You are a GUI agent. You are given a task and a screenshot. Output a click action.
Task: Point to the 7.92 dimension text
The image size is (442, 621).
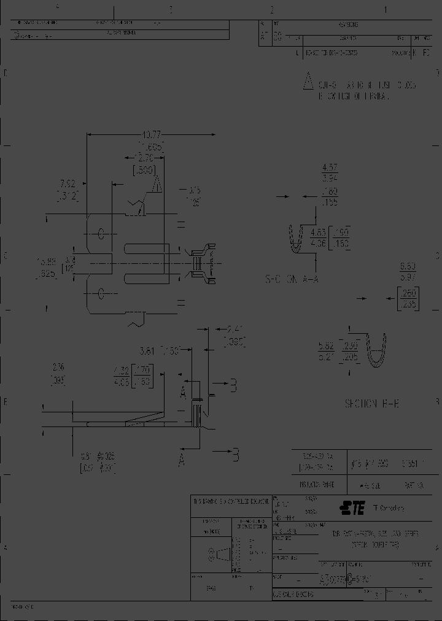tap(67, 183)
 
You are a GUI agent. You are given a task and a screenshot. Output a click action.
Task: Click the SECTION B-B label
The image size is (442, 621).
tap(371, 403)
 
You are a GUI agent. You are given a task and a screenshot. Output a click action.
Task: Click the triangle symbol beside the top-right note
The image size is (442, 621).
tap(308, 82)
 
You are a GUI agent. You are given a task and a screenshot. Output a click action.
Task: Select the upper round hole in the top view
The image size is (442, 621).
tap(102, 233)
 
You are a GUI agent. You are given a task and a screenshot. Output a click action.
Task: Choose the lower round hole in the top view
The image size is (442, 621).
tap(102, 293)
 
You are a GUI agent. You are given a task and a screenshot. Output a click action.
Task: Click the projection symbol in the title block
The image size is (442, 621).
tap(217, 555)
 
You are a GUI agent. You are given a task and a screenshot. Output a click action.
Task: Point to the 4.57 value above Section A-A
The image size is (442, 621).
tap(330, 168)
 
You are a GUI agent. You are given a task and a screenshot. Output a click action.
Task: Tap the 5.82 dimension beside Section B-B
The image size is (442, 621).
tap(325, 345)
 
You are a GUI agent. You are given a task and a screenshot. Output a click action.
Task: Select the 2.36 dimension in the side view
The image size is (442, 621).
tap(58, 367)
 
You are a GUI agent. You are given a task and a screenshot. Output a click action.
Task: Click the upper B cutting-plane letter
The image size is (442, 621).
tap(233, 385)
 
